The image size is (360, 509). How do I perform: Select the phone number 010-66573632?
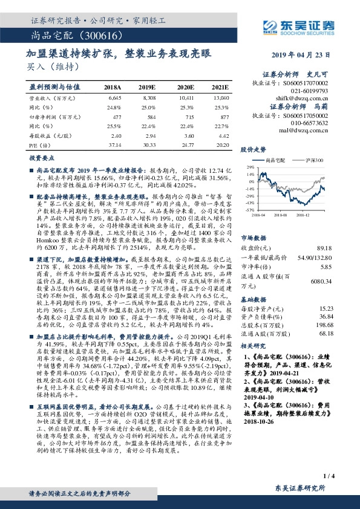pyautogui.click(x=309, y=123)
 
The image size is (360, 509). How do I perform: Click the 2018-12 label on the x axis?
pyautogui.click(x=303, y=214)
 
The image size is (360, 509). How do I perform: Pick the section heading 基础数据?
pyautogui.click(x=254, y=299)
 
